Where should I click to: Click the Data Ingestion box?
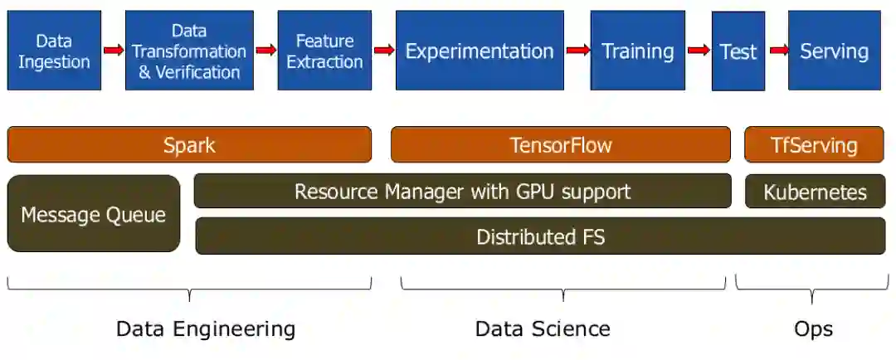pos(54,51)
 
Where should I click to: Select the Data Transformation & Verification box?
pos(189,51)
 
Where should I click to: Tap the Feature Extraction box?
pos(324,51)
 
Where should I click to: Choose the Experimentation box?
pos(480,51)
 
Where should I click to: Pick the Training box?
pos(637,51)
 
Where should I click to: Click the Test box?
pos(738,51)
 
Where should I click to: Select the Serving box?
pos(834,51)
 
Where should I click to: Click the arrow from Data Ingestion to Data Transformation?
pos(114,51)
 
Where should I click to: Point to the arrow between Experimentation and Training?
pos(577,51)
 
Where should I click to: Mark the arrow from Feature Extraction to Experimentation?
pos(384,51)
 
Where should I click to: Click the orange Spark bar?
pos(189,145)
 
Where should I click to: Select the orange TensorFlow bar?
pos(561,145)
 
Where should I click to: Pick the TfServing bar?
pos(814,145)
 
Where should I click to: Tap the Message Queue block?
pos(94,214)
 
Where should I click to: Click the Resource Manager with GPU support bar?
pos(462,192)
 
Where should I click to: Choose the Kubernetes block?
pos(815,192)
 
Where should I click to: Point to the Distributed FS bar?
pos(540,236)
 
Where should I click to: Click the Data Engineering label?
pos(206,328)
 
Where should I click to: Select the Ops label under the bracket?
pos(813,328)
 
